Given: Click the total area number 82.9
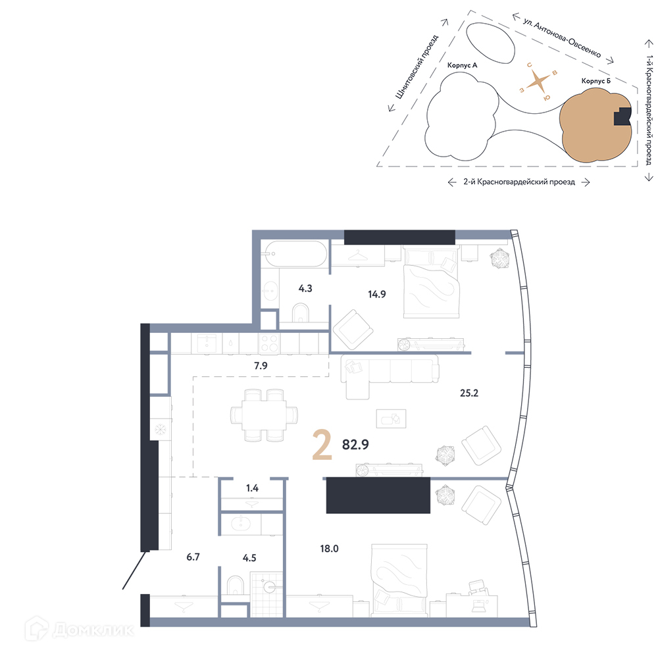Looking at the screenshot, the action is click(355, 444).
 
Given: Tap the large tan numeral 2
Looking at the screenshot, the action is click(322, 447).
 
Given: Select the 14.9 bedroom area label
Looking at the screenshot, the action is click(377, 295).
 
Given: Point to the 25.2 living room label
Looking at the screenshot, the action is click(469, 393).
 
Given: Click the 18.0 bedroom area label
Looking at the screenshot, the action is click(330, 549).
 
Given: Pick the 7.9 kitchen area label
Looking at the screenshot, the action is click(261, 366).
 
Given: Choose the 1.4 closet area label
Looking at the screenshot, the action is click(252, 488).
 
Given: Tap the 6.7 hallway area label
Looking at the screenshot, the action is click(193, 557).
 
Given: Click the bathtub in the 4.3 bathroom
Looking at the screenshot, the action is click(294, 253).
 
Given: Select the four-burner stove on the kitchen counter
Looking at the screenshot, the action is click(269, 343).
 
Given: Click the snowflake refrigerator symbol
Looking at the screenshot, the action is click(160, 430).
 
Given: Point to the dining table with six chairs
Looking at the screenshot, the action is click(265, 415).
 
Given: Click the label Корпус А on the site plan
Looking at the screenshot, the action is click(462, 65).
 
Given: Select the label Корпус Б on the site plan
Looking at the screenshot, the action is click(596, 81).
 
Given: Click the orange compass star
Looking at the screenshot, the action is click(539, 82).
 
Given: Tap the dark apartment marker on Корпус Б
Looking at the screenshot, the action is click(622, 116).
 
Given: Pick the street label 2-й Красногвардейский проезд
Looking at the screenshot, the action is click(519, 182).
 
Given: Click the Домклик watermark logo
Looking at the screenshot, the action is click(79, 629).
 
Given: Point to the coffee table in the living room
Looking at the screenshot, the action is click(391, 418).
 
